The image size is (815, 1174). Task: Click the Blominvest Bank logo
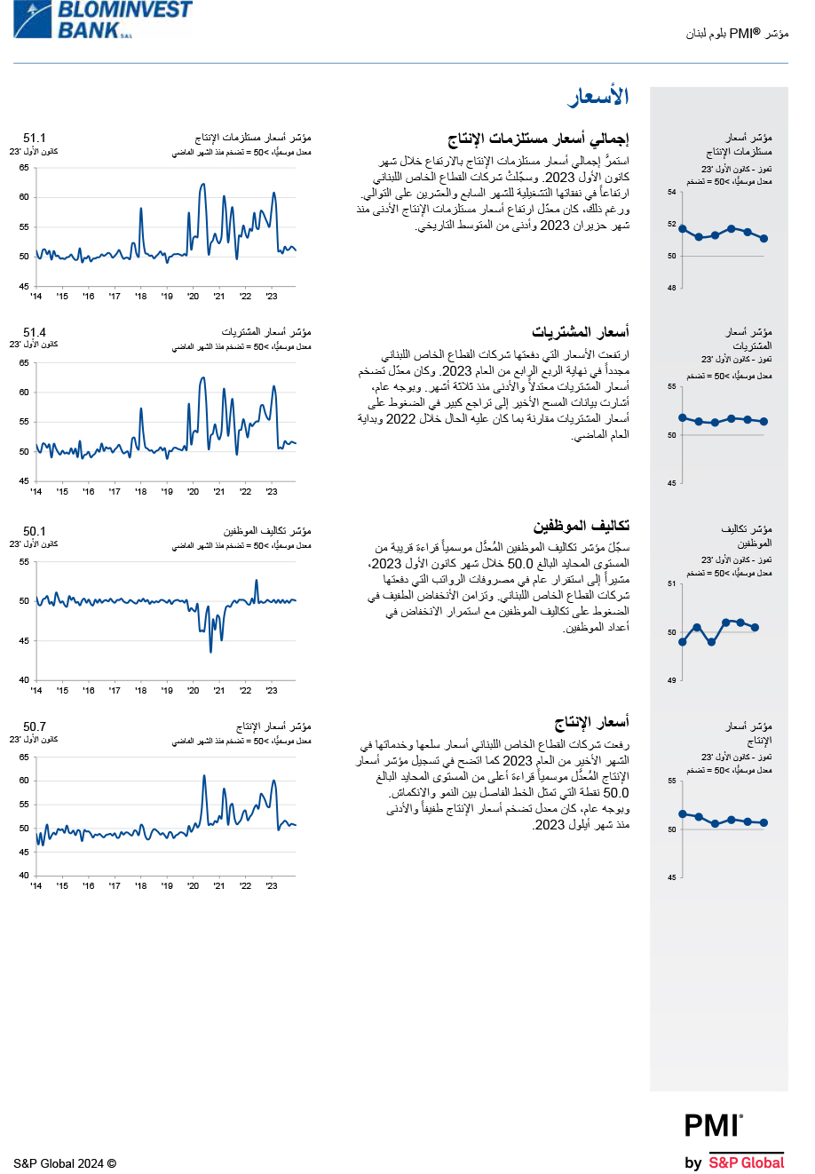[x=102, y=20]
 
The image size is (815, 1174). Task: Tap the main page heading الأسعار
[x=599, y=98]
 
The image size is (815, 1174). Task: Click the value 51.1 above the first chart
[x=35, y=139]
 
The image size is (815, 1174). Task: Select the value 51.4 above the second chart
[x=35, y=332]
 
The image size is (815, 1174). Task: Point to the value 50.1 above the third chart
[x=35, y=531]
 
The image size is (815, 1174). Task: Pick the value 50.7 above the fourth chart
[x=35, y=726]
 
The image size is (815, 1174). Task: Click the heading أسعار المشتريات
[x=581, y=333]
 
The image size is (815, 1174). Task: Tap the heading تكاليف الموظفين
[x=582, y=527]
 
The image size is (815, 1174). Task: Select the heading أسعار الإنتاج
[x=592, y=722]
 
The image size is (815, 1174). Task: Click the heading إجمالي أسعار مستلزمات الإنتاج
[x=539, y=139]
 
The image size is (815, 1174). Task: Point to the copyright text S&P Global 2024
[x=65, y=1163]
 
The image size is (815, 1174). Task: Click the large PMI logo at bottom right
[x=713, y=1126]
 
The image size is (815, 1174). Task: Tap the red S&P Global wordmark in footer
[x=746, y=1162]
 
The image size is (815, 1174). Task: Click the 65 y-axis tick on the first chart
[x=25, y=168]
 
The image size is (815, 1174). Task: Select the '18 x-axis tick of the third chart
[x=140, y=690]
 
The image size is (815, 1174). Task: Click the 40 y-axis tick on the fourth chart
[x=25, y=876]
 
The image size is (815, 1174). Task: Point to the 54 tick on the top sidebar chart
[x=672, y=192]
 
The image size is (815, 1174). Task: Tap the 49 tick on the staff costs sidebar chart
[x=672, y=680]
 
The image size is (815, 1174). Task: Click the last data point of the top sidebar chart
[x=764, y=239]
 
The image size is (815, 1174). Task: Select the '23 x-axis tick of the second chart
[x=272, y=491]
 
